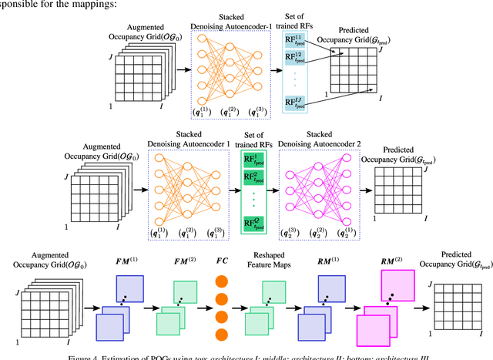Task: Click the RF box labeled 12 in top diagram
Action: pos(296,58)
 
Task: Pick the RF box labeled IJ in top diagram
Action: pos(296,103)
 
